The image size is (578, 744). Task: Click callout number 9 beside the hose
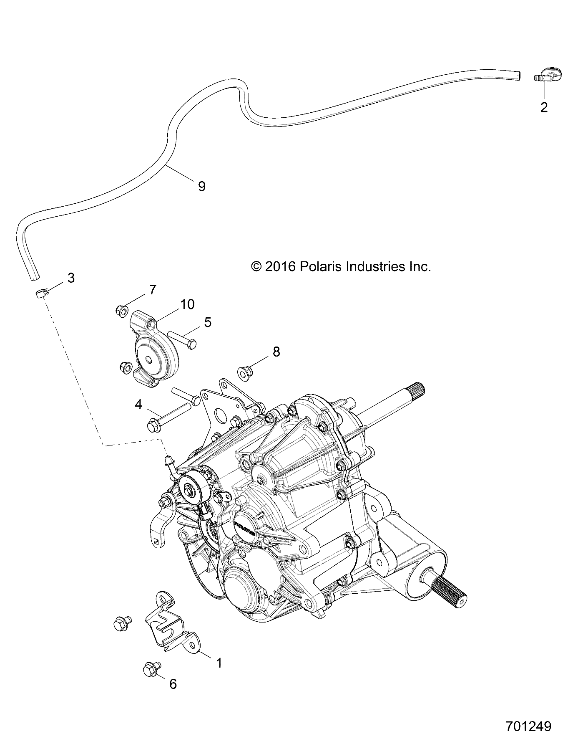(201, 186)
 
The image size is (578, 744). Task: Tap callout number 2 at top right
(544, 107)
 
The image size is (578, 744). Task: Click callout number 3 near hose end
(71, 278)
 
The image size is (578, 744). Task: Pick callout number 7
(152, 290)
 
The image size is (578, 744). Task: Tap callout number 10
(188, 304)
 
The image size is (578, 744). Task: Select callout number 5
(207, 322)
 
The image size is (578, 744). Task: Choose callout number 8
(276, 352)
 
